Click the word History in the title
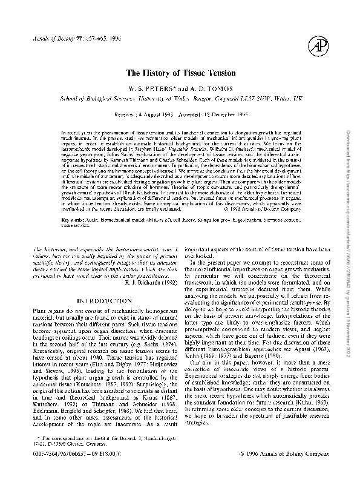click(x=159, y=73)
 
